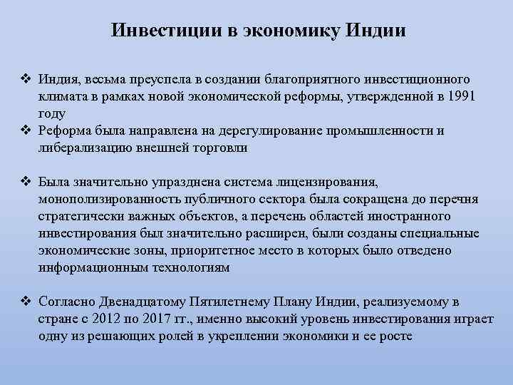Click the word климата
(62, 96)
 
